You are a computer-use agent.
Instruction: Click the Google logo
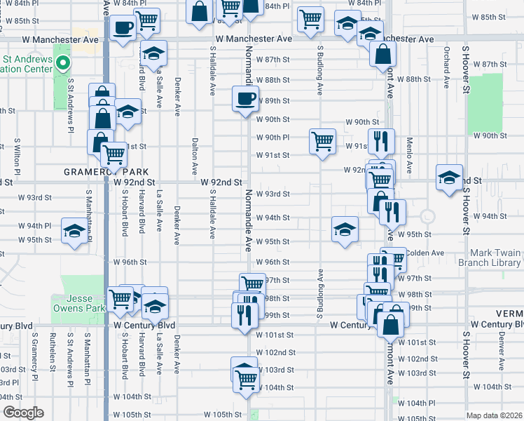pos(22,413)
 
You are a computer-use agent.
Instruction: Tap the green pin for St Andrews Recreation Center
pos(62,65)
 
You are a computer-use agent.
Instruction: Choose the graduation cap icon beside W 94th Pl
pos(74,231)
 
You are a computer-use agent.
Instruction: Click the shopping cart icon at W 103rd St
pos(246,377)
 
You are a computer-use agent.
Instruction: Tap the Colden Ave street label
pos(425,253)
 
